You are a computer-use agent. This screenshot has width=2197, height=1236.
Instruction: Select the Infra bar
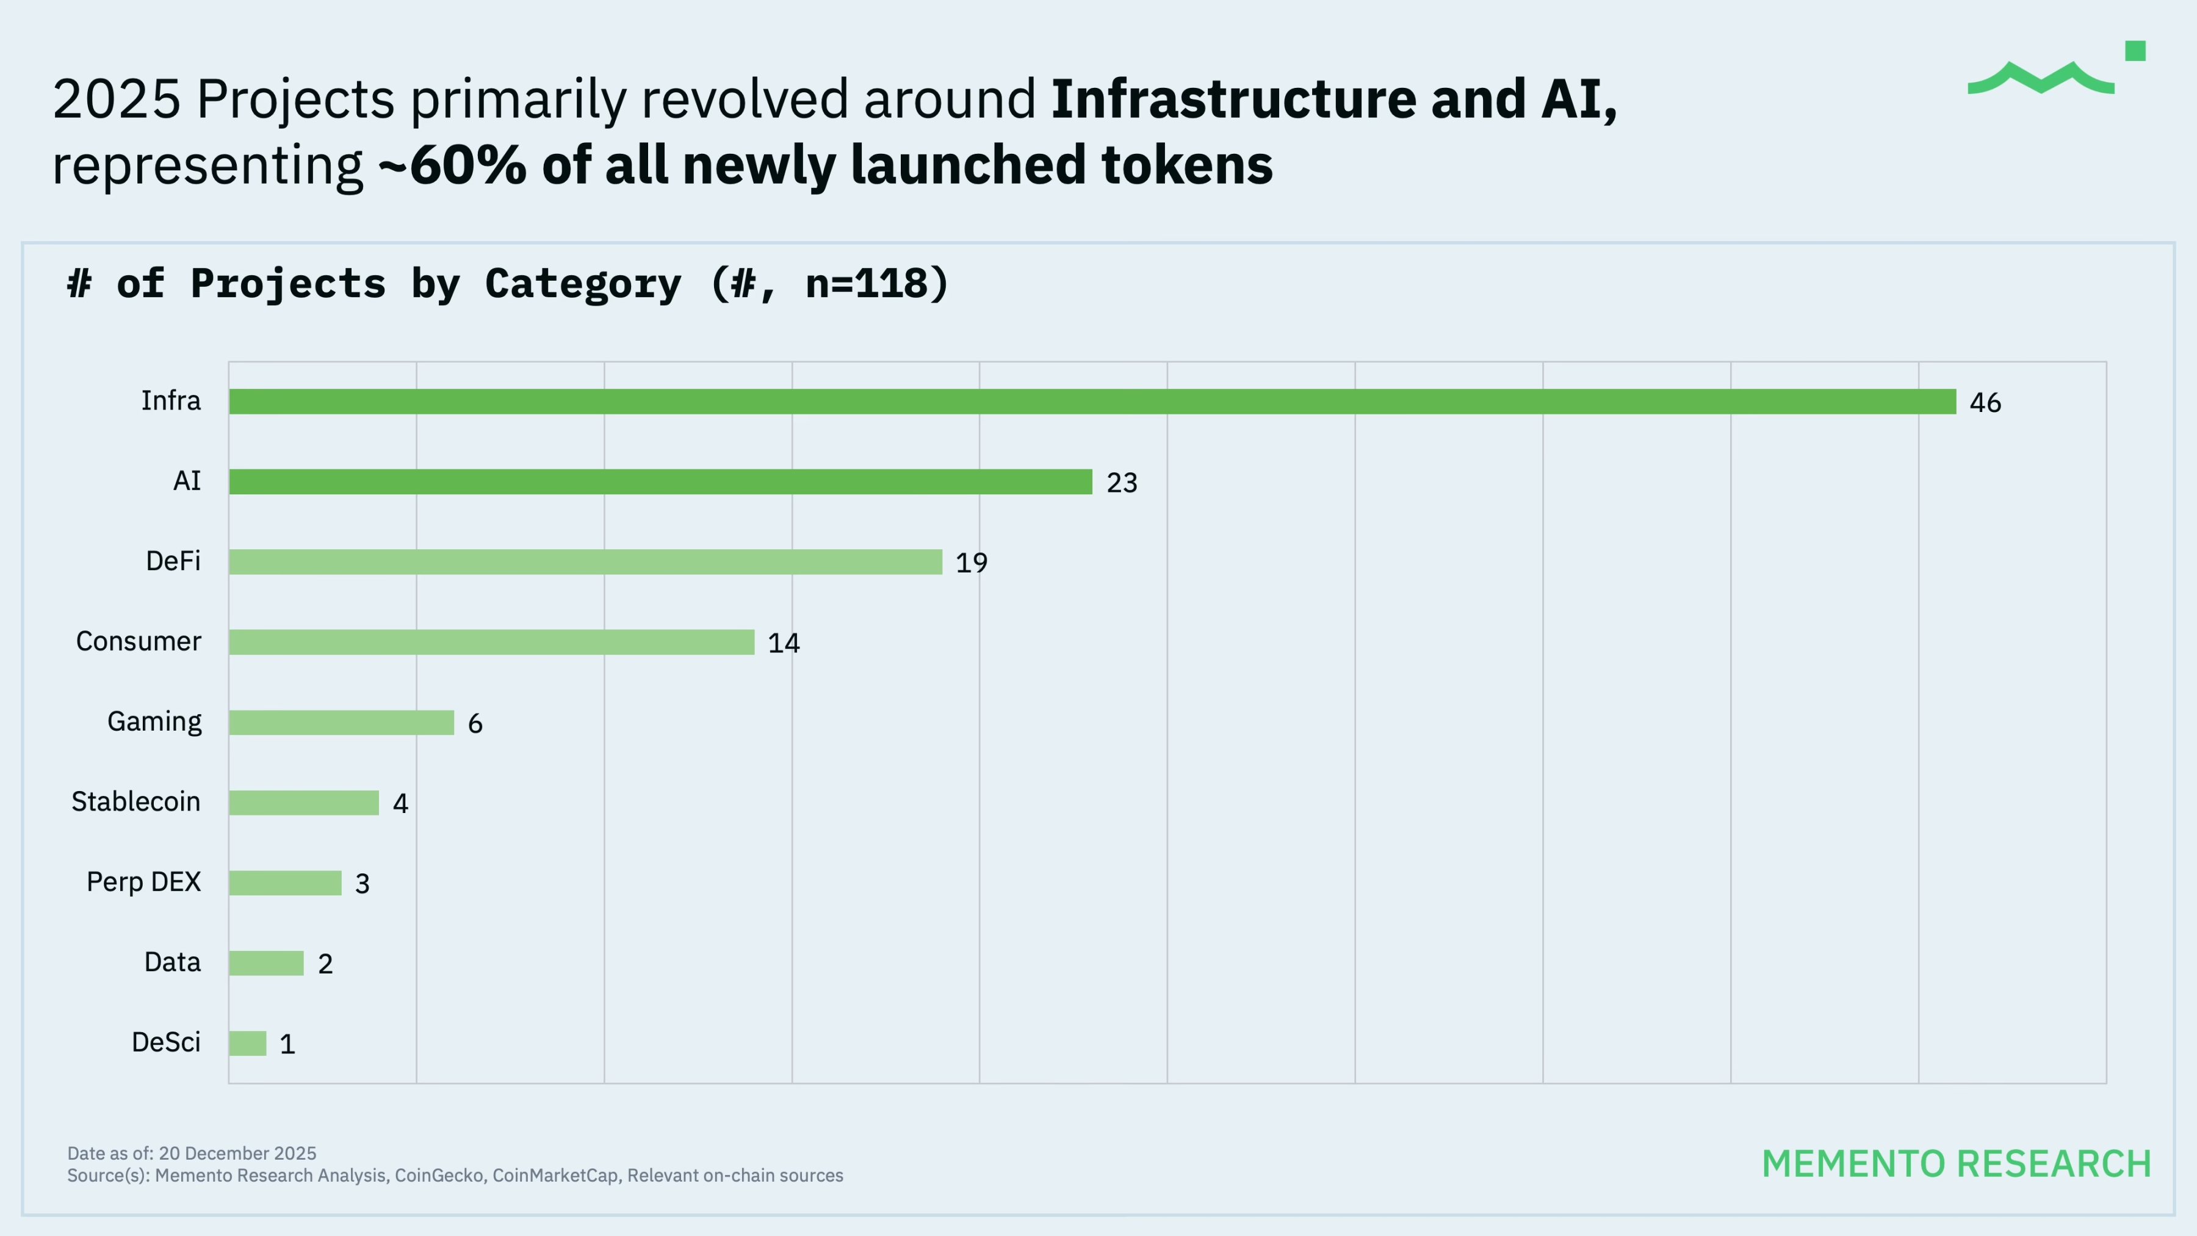coord(1092,402)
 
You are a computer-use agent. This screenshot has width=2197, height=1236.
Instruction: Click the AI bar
coord(660,482)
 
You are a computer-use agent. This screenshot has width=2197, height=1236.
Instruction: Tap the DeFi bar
coord(585,562)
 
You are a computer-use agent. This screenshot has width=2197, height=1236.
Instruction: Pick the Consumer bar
coord(491,642)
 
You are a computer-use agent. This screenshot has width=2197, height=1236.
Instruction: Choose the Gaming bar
coord(341,723)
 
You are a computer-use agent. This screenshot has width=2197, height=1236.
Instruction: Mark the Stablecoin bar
coord(304,803)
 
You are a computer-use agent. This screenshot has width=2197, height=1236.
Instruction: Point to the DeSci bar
coord(247,1043)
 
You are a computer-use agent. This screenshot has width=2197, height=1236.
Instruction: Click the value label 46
coord(1985,403)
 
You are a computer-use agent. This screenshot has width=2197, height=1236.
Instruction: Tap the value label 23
coord(1122,483)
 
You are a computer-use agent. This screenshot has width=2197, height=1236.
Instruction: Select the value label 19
coord(972,563)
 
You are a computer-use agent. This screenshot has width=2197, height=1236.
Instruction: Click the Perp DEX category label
coord(143,882)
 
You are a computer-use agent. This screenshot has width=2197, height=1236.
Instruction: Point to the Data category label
coord(172,962)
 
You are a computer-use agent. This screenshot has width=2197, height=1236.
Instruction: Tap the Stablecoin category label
coord(135,802)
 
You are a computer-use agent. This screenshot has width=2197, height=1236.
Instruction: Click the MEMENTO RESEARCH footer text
coord(1957,1165)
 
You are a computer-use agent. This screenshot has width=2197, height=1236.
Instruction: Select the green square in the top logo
coord(2135,51)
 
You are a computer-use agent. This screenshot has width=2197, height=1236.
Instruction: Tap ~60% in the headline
coord(452,165)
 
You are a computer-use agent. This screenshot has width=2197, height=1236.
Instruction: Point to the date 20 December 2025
coord(237,1153)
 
